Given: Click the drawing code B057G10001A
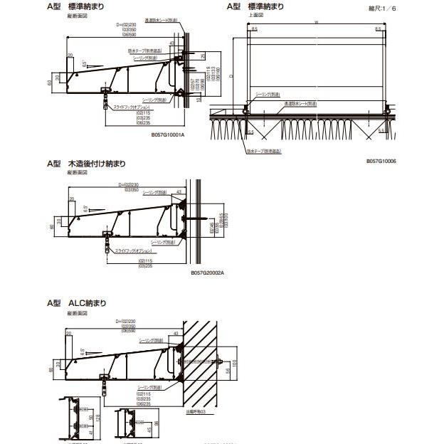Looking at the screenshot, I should click(168, 133).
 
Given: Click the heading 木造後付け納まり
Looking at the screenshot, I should click(97, 164).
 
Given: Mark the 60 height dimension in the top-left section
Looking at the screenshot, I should click(50, 83).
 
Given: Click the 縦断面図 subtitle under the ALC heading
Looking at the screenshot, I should click(77, 312).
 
